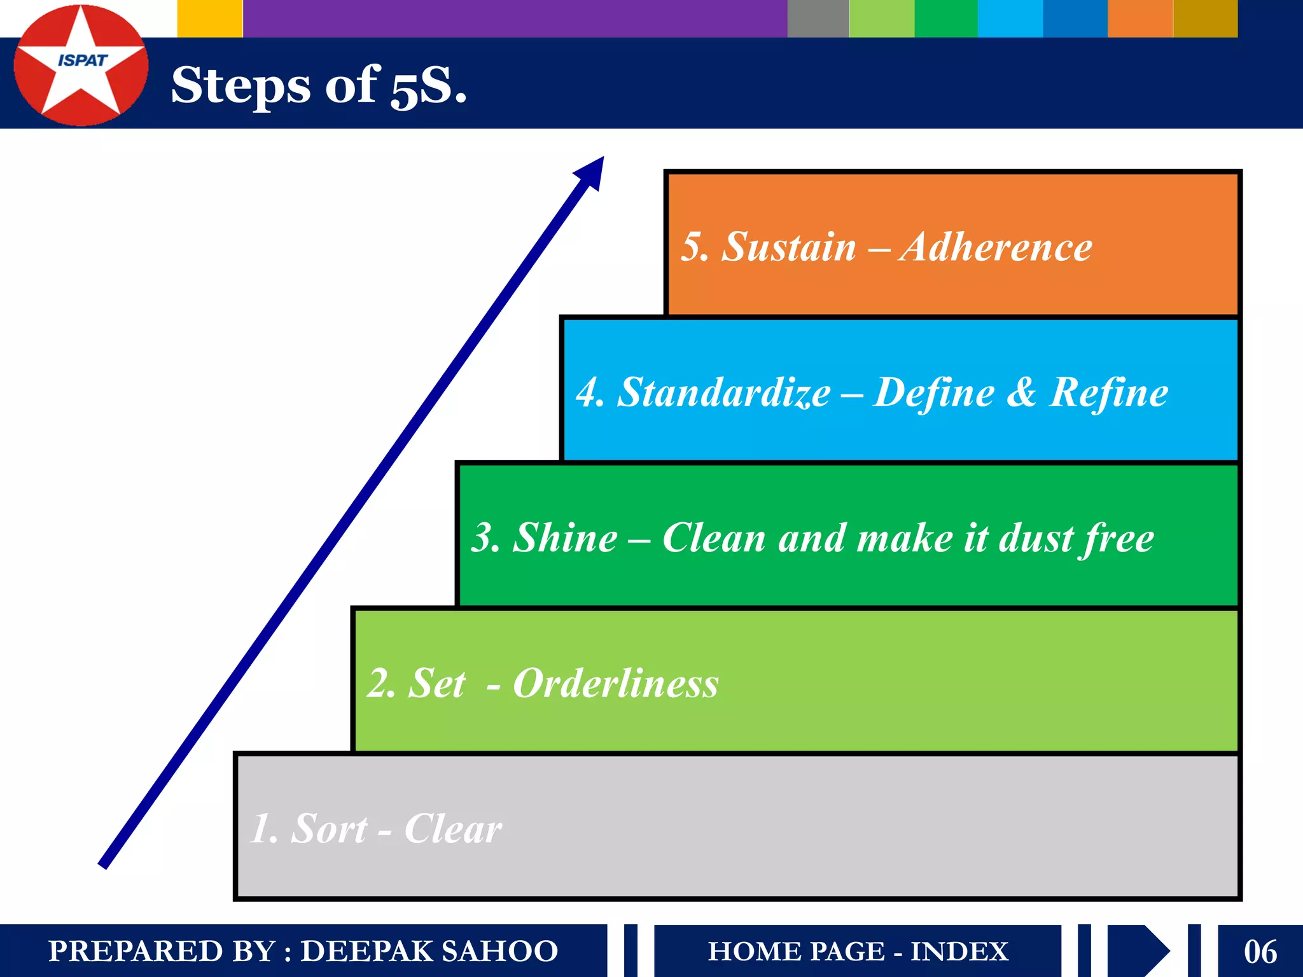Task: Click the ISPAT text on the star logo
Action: click(x=82, y=60)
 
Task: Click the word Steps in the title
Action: click(x=240, y=86)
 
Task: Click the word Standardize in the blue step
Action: click(x=723, y=392)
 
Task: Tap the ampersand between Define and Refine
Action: click(x=1021, y=392)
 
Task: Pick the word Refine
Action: click(x=1108, y=392)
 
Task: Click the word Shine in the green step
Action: click(x=565, y=538)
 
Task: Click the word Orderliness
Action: click(x=615, y=684)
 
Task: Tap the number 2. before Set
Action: click(x=382, y=684)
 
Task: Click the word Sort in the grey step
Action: click(x=329, y=829)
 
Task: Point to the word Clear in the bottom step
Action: click(x=452, y=829)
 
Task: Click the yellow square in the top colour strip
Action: click(x=209, y=18)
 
